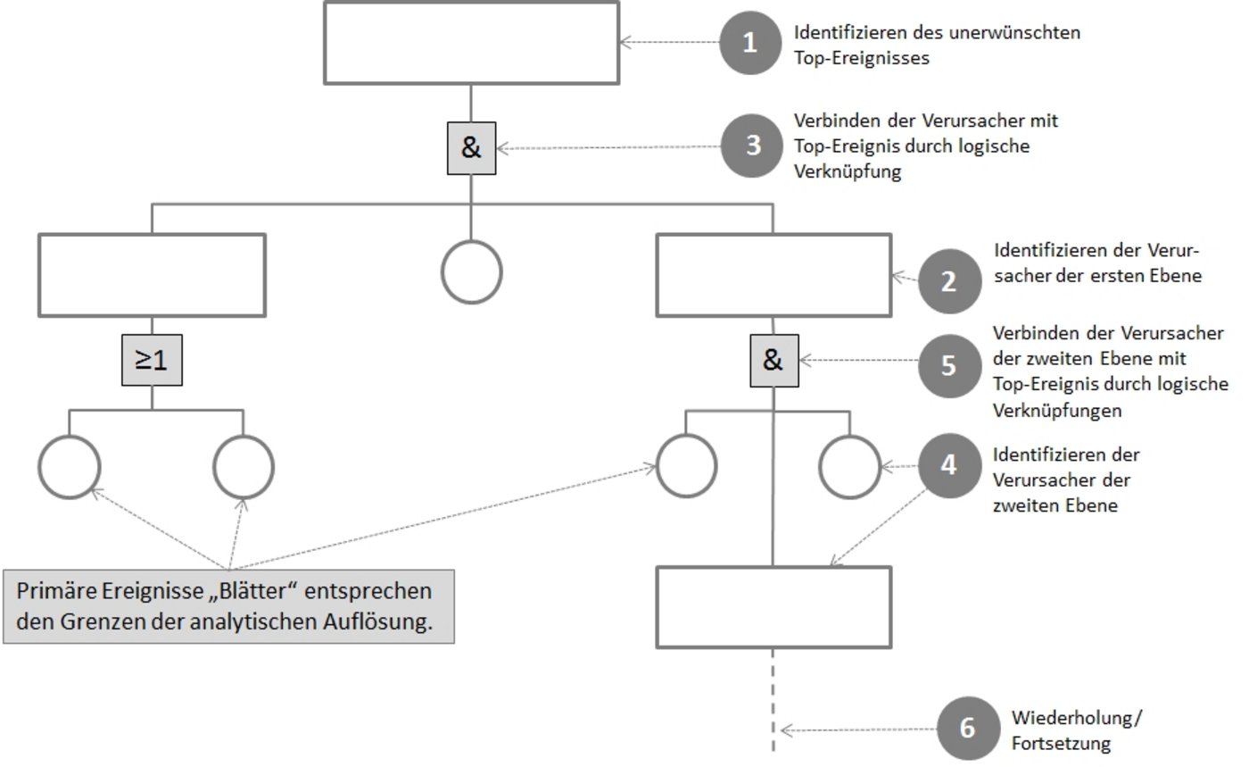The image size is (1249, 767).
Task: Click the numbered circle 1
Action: coord(749,43)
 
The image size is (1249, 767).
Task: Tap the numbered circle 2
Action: coord(947,281)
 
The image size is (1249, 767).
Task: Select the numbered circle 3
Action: coord(753,146)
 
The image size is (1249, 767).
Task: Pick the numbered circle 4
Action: coord(947,465)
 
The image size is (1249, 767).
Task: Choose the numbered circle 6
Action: coord(968,729)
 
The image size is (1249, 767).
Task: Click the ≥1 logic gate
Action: coord(152,361)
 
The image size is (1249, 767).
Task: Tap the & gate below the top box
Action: coord(471,148)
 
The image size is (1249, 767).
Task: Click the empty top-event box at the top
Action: coord(471,43)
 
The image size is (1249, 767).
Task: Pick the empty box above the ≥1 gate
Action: coord(152,275)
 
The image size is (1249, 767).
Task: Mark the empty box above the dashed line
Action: coord(773,607)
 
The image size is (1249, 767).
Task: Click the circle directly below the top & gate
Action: coord(472,271)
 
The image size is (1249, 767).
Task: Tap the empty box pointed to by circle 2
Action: coord(773,275)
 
